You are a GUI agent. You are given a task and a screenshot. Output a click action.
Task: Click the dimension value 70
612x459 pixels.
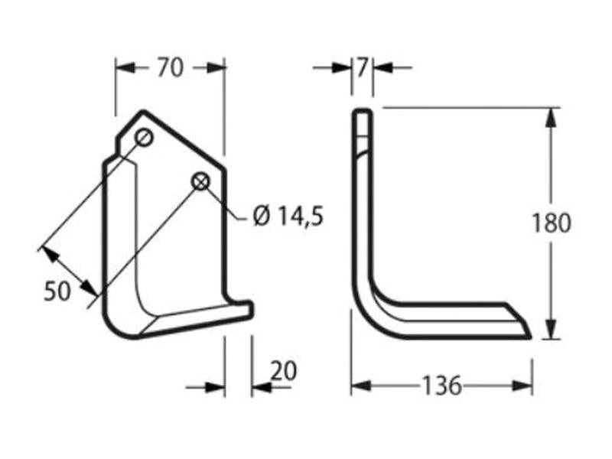click(x=171, y=68)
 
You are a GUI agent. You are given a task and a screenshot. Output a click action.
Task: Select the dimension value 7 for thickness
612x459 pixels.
click(x=362, y=67)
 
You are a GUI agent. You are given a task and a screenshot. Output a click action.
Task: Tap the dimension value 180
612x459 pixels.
click(x=552, y=223)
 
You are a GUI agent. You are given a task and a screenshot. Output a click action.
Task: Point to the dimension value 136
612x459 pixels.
click(x=441, y=386)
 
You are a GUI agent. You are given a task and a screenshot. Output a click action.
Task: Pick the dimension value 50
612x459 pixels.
click(x=57, y=291)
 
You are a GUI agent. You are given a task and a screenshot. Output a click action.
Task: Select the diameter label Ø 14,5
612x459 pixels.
click(x=288, y=216)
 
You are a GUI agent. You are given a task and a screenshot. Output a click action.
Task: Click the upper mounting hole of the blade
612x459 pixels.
click(x=145, y=138)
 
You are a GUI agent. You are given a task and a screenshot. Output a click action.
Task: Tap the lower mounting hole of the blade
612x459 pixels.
click(x=200, y=181)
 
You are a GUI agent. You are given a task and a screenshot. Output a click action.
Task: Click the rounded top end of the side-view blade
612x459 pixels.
click(x=363, y=113)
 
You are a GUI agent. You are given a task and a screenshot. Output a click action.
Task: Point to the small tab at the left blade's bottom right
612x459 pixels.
click(x=244, y=308)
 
